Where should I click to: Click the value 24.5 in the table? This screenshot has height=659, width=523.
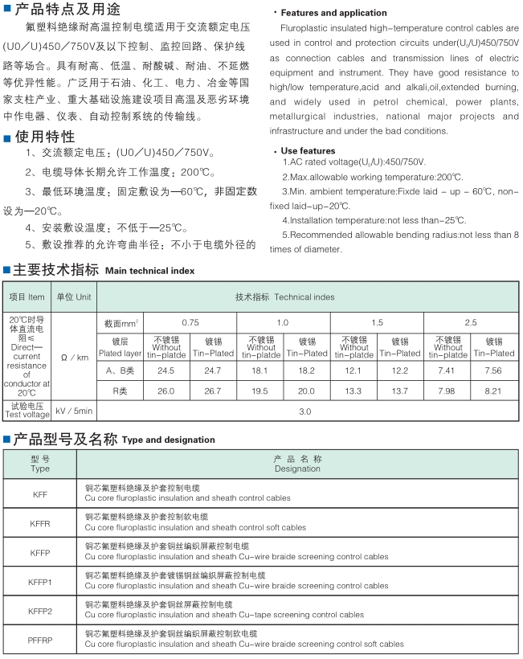pos(166,370)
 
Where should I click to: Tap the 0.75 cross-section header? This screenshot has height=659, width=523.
pos(190,322)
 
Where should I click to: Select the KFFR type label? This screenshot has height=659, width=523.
pos(40,523)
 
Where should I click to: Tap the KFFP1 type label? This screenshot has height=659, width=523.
pos(40,581)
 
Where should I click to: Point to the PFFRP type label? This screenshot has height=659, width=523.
pos(40,640)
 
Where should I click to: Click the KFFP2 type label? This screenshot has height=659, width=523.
pos(40,611)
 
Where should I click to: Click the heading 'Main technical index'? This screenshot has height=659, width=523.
pos(149,271)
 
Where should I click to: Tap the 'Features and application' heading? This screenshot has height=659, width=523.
pos(333,13)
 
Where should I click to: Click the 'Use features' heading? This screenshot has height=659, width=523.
pos(308,150)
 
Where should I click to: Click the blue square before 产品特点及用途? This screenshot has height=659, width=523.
pos(7,10)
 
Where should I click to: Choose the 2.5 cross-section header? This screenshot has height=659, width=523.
pos(470,322)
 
